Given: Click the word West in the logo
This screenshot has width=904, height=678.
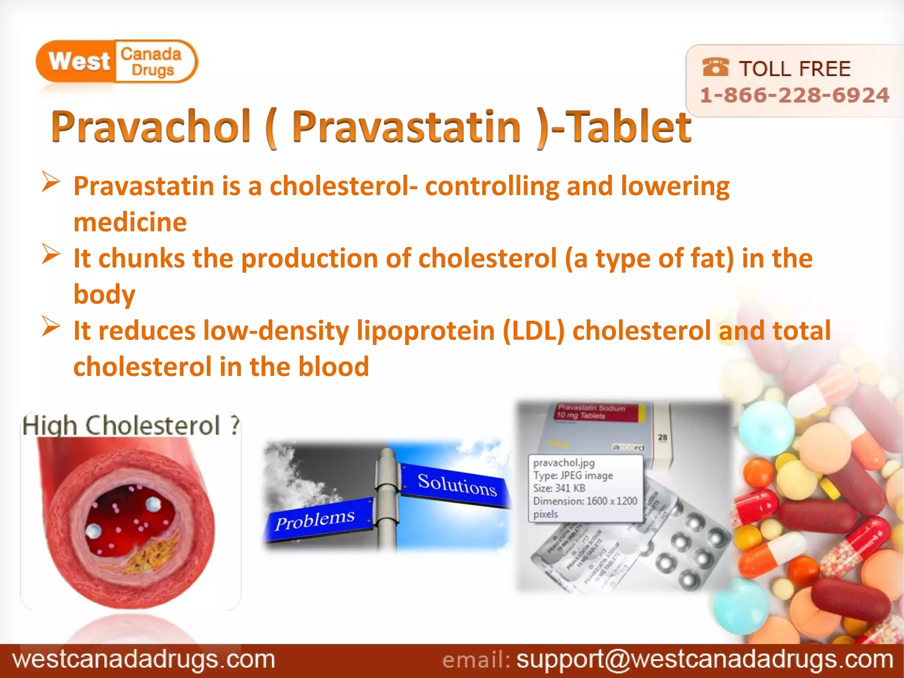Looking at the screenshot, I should [79, 61].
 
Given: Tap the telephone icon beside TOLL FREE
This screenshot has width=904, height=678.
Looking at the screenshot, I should [715, 68].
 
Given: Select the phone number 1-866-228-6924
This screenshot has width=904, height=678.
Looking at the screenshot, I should [795, 95].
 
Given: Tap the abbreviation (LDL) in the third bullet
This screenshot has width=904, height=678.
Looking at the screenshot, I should [534, 331].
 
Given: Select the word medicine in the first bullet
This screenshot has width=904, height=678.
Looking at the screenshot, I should [130, 222].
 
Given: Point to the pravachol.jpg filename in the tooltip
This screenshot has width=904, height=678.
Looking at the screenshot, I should [564, 463].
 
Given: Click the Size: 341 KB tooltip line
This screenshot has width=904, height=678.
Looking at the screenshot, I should [559, 488].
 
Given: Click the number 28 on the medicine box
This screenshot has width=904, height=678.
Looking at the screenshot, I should [663, 437].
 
